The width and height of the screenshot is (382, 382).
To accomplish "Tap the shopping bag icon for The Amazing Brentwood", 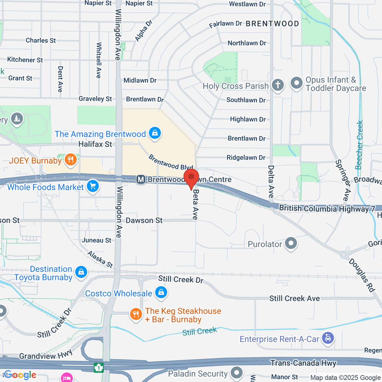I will pos(155,133).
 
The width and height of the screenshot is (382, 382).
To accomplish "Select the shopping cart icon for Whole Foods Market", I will pos(93,186).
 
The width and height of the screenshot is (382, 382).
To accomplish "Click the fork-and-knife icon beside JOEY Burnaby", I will pos(71,160).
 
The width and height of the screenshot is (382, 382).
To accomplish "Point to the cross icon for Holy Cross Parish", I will pos(278,85).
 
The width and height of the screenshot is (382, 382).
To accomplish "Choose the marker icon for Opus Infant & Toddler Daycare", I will pos(297,83).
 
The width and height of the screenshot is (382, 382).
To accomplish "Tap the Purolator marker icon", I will pos(291,244).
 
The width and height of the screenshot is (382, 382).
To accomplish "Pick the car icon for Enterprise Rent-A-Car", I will pos(328,338).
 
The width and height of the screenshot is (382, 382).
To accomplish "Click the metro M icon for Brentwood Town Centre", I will pos(141,180).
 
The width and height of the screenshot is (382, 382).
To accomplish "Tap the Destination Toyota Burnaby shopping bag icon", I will pos(81,272).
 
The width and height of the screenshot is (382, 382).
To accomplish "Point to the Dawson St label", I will pos(144,220).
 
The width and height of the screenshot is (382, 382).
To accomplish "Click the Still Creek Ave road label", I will pos(294,298).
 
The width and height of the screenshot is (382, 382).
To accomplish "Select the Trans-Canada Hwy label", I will pos(303,363).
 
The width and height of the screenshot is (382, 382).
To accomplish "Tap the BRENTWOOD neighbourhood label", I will pos(272,24).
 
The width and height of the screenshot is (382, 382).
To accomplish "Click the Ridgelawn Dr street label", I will pos(246,158).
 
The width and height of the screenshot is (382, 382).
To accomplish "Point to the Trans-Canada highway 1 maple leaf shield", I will pos(99,368).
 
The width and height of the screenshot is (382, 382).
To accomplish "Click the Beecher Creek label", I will pos(359,145).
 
